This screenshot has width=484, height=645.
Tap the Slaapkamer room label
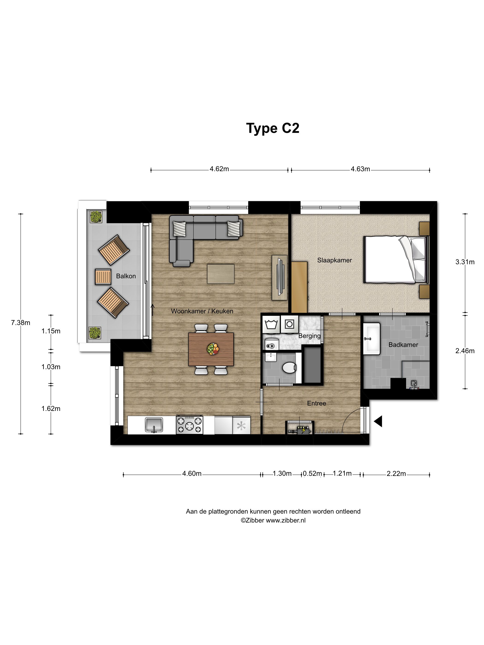[334, 260]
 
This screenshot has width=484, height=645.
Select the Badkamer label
[403, 345]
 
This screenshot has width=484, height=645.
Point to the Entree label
[316, 403]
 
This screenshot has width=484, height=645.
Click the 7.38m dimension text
[21, 322]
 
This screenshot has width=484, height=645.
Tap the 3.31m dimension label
[465, 262]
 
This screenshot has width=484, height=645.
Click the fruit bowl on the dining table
[212, 349]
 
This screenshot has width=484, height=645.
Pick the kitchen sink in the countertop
[154, 425]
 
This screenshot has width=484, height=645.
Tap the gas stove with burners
[189, 425]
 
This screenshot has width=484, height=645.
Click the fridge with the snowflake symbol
[241, 426]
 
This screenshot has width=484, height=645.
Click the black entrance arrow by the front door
[378, 421]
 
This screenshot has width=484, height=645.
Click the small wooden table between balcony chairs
[103, 276]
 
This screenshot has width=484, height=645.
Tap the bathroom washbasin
[371, 339]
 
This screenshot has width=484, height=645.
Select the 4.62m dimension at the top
[219, 169]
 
